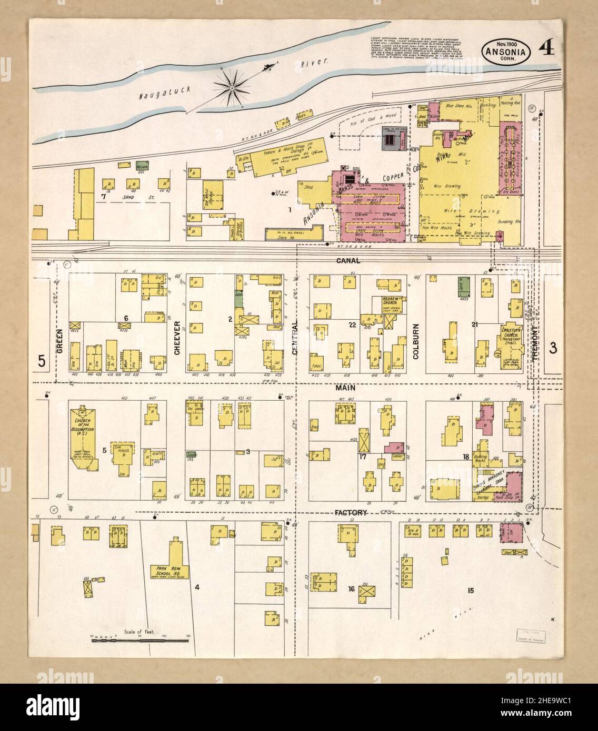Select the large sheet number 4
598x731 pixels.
(x=547, y=50)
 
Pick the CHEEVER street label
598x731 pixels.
(x=177, y=337)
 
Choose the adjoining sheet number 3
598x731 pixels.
(x=553, y=347)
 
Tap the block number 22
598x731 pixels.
(x=352, y=326)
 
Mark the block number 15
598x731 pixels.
(x=471, y=590)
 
